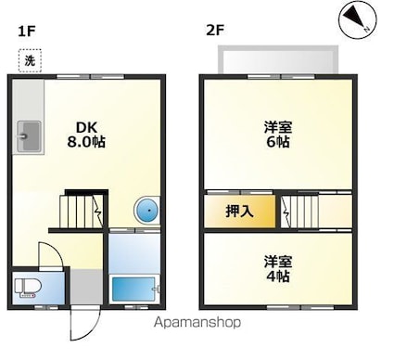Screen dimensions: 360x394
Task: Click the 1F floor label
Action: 26,31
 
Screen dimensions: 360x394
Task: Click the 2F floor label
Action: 215,31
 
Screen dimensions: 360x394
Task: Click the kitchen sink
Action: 28,137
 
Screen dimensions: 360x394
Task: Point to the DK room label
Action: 85,127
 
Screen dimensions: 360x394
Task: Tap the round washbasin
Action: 146,211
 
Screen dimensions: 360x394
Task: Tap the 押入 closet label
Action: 239,212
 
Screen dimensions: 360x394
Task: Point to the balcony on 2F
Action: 278,60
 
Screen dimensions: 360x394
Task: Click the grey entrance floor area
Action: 86,286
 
